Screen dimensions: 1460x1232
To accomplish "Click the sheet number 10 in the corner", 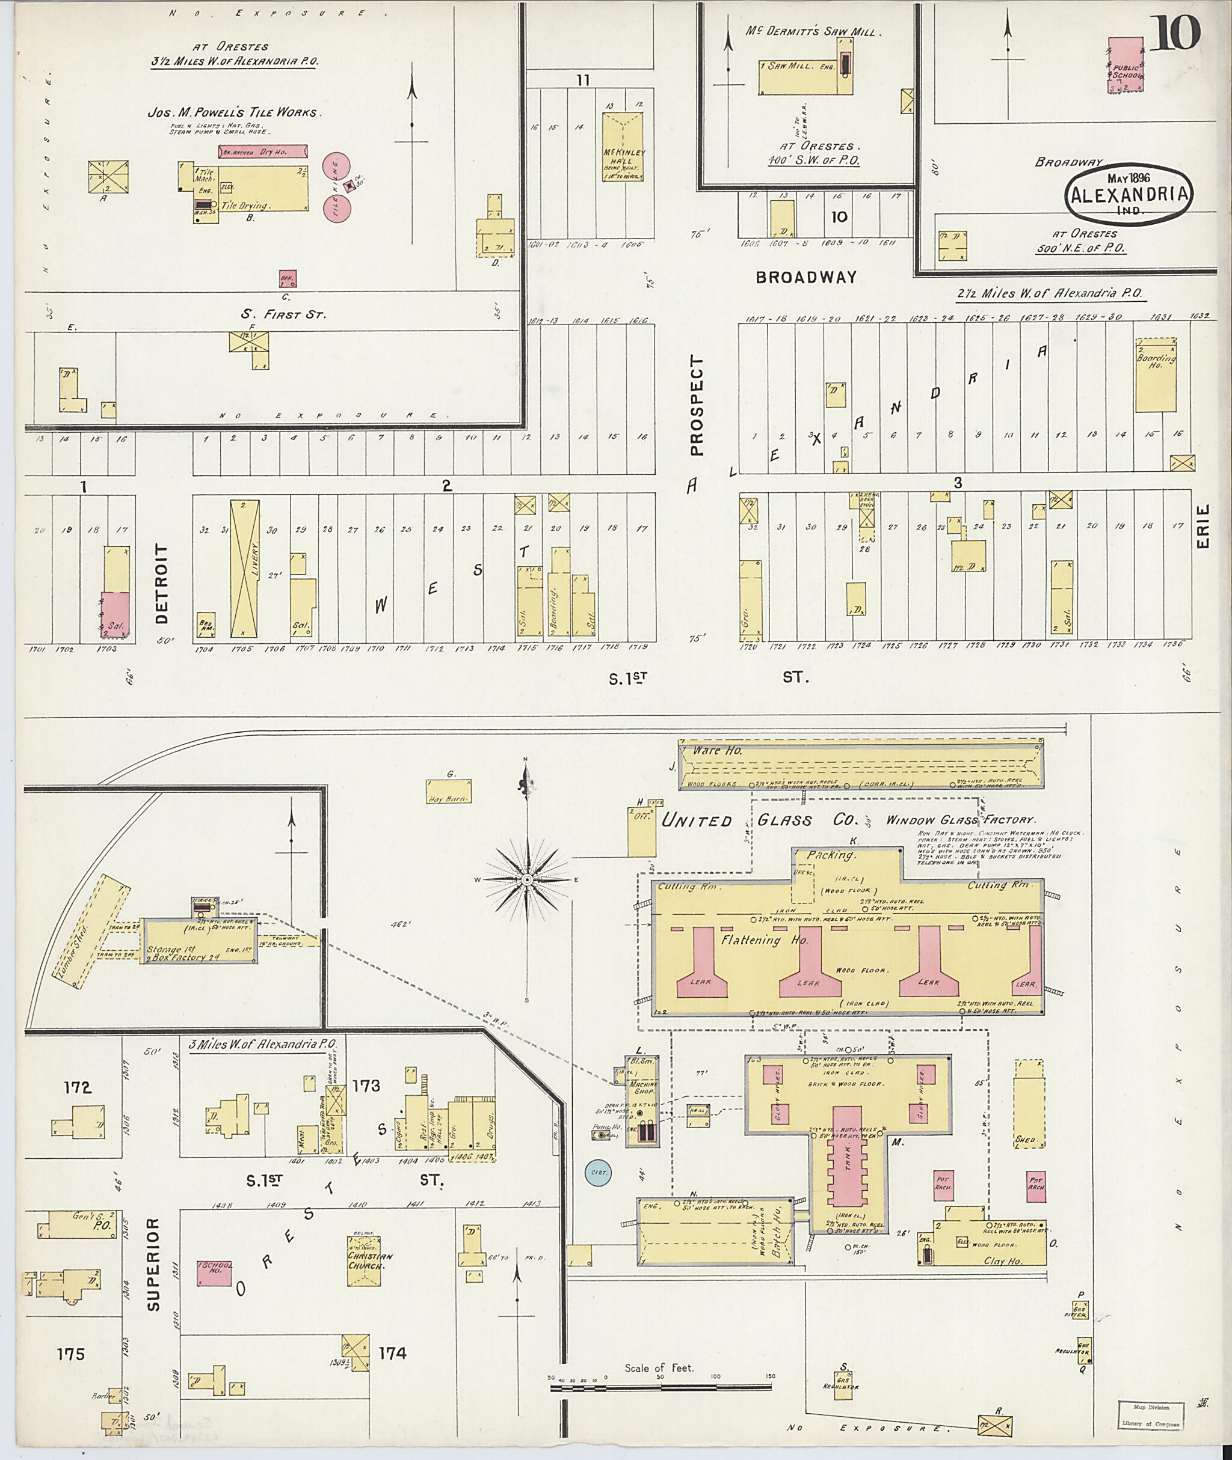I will coord(1175,33).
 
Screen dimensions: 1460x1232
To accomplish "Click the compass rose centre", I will coord(526,881).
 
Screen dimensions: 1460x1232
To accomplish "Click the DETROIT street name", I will coord(162,584).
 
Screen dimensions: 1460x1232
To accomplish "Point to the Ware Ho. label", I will coord(718,751).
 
